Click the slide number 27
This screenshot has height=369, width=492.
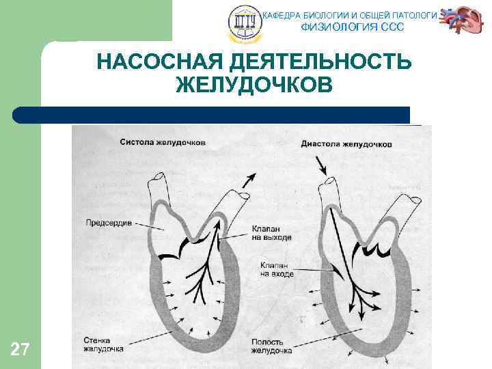click(20, 351)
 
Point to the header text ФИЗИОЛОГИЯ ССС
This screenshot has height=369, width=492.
click(353, 27)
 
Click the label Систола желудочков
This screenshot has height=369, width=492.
click(163, 143)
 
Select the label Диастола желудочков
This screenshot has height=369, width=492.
click(346, 144)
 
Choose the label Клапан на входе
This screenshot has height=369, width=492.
click(277, 269)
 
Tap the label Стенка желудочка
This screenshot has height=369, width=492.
click(103, 344)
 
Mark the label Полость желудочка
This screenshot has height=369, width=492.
click(272, 345)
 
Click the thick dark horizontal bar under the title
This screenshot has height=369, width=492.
click(212, 115)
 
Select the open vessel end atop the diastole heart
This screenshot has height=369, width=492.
click(331, 182)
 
